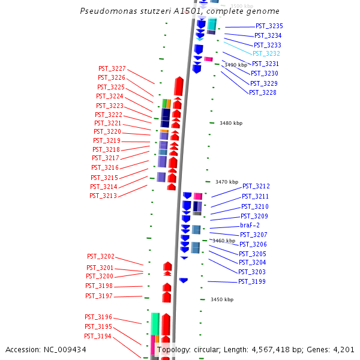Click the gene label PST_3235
269,26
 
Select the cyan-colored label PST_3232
266,54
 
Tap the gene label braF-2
250,226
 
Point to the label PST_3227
112,68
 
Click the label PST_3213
103,196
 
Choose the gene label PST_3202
100,257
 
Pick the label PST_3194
98,337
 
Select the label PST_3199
252,282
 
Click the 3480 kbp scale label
231,123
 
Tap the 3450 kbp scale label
222,299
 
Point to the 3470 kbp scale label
227,182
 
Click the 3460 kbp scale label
223,241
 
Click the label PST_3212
256,187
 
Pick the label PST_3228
262,92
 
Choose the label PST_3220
107,132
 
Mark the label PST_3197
98,296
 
